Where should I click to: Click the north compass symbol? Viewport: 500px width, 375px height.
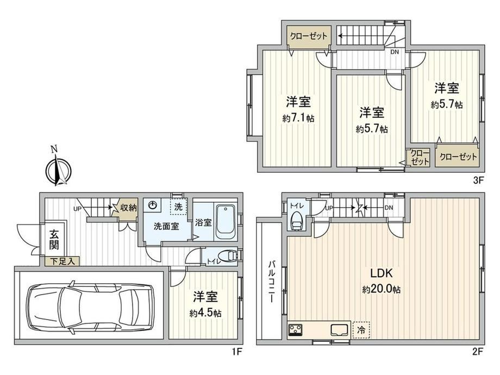click(x=58, y=168)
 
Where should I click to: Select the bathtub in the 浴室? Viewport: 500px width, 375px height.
click(x=226, y=222)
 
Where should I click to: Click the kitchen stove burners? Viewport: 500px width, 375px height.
click(x=296, y=330)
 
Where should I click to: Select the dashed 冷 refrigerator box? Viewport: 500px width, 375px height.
click(x=361, y=330)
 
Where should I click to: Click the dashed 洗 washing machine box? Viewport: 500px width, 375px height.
click(x=179, y=207)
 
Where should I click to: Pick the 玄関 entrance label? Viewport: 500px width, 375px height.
click(x=54, y=240)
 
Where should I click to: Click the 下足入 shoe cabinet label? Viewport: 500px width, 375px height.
click(x=63, y=261)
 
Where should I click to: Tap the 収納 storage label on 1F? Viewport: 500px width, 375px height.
click(x=128, y=208)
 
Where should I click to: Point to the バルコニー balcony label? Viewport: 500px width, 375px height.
click(x=271, y=282)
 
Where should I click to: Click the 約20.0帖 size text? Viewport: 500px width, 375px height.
click(x=381, y=290)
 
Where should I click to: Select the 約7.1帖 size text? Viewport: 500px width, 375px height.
click(x=298, y=118)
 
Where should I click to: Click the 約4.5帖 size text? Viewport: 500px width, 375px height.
click(x=205, y=313)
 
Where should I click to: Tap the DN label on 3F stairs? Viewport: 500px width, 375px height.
click(x=395, y=52)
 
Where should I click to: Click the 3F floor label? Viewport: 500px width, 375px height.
click(x=479, y=180)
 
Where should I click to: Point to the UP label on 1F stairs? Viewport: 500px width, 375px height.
click(x=78, y=209)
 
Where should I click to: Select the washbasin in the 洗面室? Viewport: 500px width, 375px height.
click(x=153, y=205)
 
